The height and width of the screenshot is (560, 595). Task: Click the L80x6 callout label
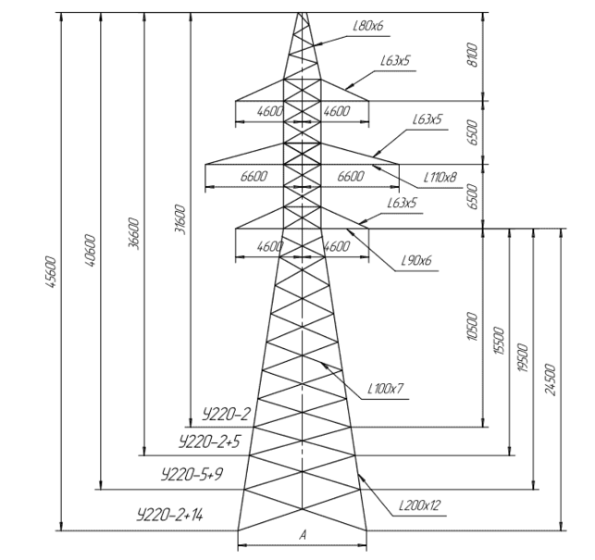click(x=367, y=27)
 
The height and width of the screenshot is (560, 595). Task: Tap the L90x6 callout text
click(x=418, y=261)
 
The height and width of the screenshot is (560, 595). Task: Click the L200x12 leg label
click(x=419, y=505)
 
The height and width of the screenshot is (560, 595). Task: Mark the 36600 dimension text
click(x=135, y=236)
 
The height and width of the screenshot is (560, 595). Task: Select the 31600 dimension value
click(x=180, y=222)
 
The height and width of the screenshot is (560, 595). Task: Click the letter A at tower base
click(x=302, y=536)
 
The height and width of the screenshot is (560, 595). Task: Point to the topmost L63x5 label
click(x=395, y=61)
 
